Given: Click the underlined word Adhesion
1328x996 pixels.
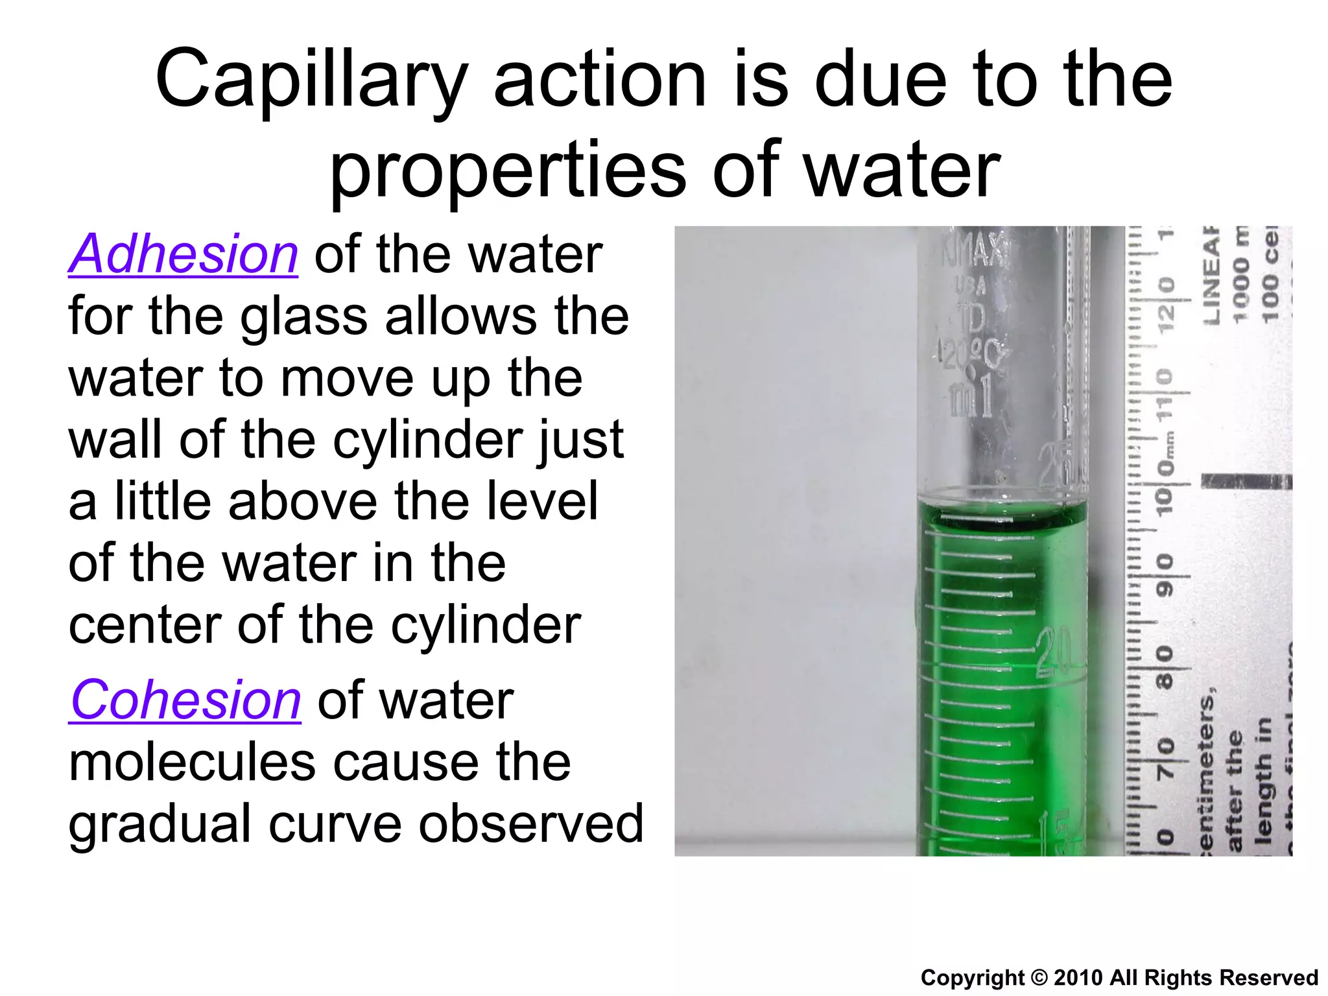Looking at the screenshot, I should pos(183,254).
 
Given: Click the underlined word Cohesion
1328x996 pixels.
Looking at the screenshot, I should pos(185,700).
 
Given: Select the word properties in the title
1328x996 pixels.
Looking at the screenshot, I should pos(508,171).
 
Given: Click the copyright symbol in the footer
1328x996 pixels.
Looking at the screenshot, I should pos(1038,977).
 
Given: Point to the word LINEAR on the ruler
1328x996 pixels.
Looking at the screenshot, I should pos(1211,276).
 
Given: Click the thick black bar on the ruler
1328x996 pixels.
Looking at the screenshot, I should pos(1245,481).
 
